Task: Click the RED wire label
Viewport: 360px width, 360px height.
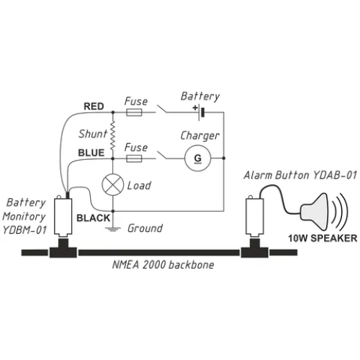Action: pyautogui.click(x=94, y=107)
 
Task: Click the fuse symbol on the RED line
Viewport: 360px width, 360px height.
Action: pyautogui.click(x=134, y=111)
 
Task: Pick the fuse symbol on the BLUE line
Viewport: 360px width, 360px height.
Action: pyautogui.click(x=134, y=159)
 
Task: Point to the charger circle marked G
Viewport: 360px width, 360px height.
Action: pyautogui.click(x=198, y=159)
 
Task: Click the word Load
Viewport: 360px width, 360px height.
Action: pyautogui.click(x=140, y=186)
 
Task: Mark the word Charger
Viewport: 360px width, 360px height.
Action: pyautogui.click(x=199, y=136)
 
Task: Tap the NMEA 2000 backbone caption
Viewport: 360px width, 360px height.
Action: pyautogui.click(x=163, y=265)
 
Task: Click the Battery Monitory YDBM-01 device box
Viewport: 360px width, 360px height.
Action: pyautogui.click(x=64, y=216)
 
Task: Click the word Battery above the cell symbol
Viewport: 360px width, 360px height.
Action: pyautogui.click(x=199, y=96)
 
